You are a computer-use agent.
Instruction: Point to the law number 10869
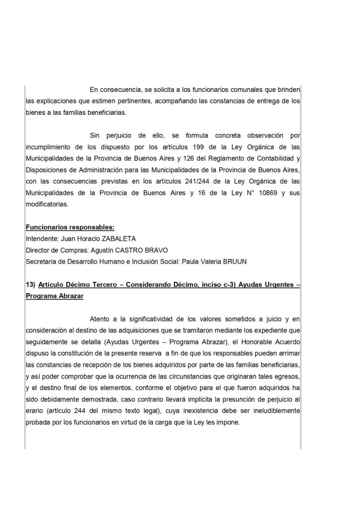[257, 193]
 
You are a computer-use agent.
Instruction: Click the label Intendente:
[41, 239]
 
